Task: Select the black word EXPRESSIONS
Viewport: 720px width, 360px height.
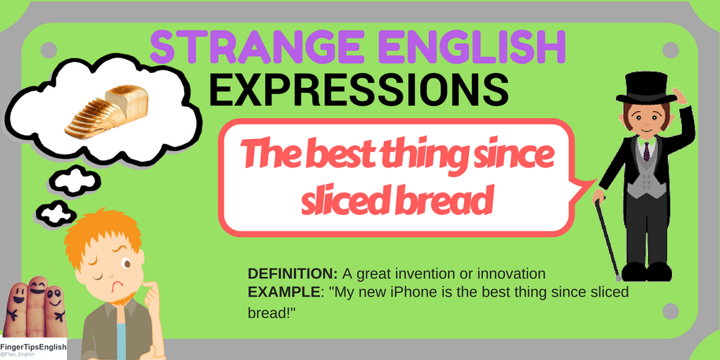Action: (359, 90)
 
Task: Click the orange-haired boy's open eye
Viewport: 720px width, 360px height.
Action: (127, 264)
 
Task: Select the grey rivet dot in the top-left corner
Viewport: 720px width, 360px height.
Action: (49, 50)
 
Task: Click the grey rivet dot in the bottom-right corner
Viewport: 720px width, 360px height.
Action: (670, 311)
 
